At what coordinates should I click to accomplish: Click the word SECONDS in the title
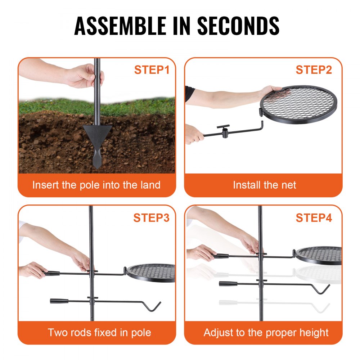point(239,26)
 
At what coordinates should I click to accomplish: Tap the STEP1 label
point(152,70)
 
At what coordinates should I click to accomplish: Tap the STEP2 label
point(314,70)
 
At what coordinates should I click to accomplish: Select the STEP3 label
point(152,218)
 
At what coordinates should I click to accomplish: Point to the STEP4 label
point(314,218)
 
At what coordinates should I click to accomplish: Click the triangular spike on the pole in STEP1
point(97,133)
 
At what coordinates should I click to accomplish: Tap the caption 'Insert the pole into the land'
point(96,185)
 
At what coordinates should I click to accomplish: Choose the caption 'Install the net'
point(264,185)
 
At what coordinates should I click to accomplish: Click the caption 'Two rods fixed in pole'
point(99,332)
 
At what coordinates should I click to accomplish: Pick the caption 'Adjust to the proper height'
point(266,332)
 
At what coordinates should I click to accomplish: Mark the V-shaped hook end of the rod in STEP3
point(153,306)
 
